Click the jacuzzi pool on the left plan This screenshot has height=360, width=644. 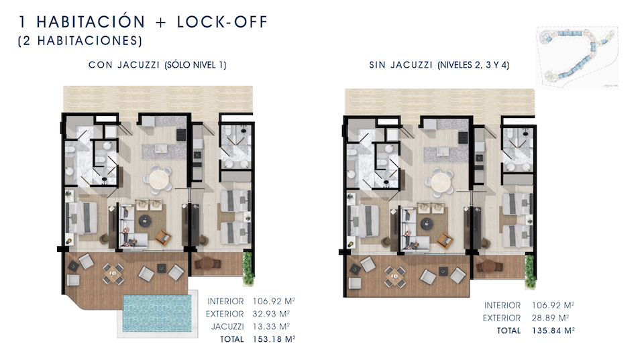(x=157, y=313)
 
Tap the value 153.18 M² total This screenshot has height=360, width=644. (x=274, y=339)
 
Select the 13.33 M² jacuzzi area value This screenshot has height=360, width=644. (x=271, y=326)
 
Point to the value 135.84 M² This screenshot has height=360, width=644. (x=553, y=331)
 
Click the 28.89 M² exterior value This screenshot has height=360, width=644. (x=550, y=318)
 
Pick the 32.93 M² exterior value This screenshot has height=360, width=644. (x=271, y=314)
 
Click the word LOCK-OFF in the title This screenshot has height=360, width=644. (x=222, y=21)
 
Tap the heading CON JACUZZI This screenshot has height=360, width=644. (x=123, y=65)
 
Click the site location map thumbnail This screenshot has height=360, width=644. (x=577, y=58)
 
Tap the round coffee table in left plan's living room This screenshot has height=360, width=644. (x=145, y=221)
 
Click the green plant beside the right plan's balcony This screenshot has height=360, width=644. (x=530, y=271)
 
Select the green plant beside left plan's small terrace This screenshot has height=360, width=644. (x=248, y=267)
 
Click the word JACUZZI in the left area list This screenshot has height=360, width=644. (x=227, y=326)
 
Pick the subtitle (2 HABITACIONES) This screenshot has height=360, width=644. (x=80, y=41)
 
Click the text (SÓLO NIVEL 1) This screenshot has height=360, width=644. (x=195, y=65)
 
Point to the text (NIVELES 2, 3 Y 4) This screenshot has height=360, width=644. (x=474, y=65)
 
